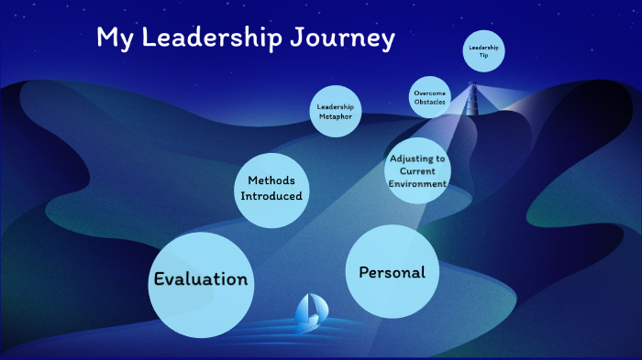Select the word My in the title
click(x=114, y=39)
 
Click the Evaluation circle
click(x=200, y=283)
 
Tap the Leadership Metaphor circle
click(x=335, y=112)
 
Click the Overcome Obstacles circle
click(x=430, y=97)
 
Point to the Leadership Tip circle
click(x=483, y=49)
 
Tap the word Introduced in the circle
click(x=271, y=196)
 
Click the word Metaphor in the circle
click(x=335, y=116)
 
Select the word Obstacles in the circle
click(x=430, y=102)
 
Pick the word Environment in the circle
click(x=417, y=184)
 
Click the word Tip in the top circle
click(x=483, y=54)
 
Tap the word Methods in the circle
click(x=271, y=181)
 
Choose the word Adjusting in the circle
click(x=417, y=158)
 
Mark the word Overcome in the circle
click(x=430, y=93)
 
